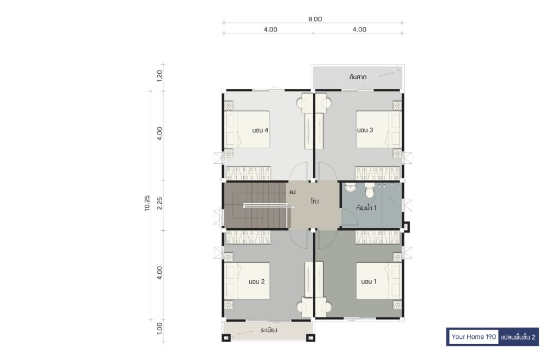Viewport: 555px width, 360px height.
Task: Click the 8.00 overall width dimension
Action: pos(315,19)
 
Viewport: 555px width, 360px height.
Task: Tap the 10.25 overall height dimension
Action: pos(147,203)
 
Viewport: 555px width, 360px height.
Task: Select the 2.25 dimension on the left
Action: pos(160,203)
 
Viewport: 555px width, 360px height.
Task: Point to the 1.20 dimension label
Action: pos(160,76)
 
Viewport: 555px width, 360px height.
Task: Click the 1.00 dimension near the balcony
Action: pos(160,329)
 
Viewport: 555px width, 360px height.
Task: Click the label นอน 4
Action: pos(260,130)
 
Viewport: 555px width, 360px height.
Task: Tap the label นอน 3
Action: pos(365,130)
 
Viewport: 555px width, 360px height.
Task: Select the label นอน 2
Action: pos(256,282)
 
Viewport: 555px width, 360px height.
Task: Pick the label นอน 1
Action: pos(369,282)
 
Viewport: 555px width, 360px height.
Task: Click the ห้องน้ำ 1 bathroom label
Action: pos(366,208)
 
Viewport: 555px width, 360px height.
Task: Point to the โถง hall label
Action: pos(315,201)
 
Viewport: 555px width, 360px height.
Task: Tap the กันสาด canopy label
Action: pos(358,77)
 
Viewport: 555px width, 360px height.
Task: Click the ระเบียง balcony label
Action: pos(269,330)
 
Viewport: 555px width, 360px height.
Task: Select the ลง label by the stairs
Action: pos(292,192)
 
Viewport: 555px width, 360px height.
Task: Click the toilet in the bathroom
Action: pos(370,190)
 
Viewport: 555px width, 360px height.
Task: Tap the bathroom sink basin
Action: pos(351,187)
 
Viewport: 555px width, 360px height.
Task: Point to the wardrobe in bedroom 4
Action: pos(248,173)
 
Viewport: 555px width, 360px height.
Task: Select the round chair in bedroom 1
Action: pos(326,306)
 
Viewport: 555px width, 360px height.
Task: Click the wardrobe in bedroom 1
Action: pos(378,237)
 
